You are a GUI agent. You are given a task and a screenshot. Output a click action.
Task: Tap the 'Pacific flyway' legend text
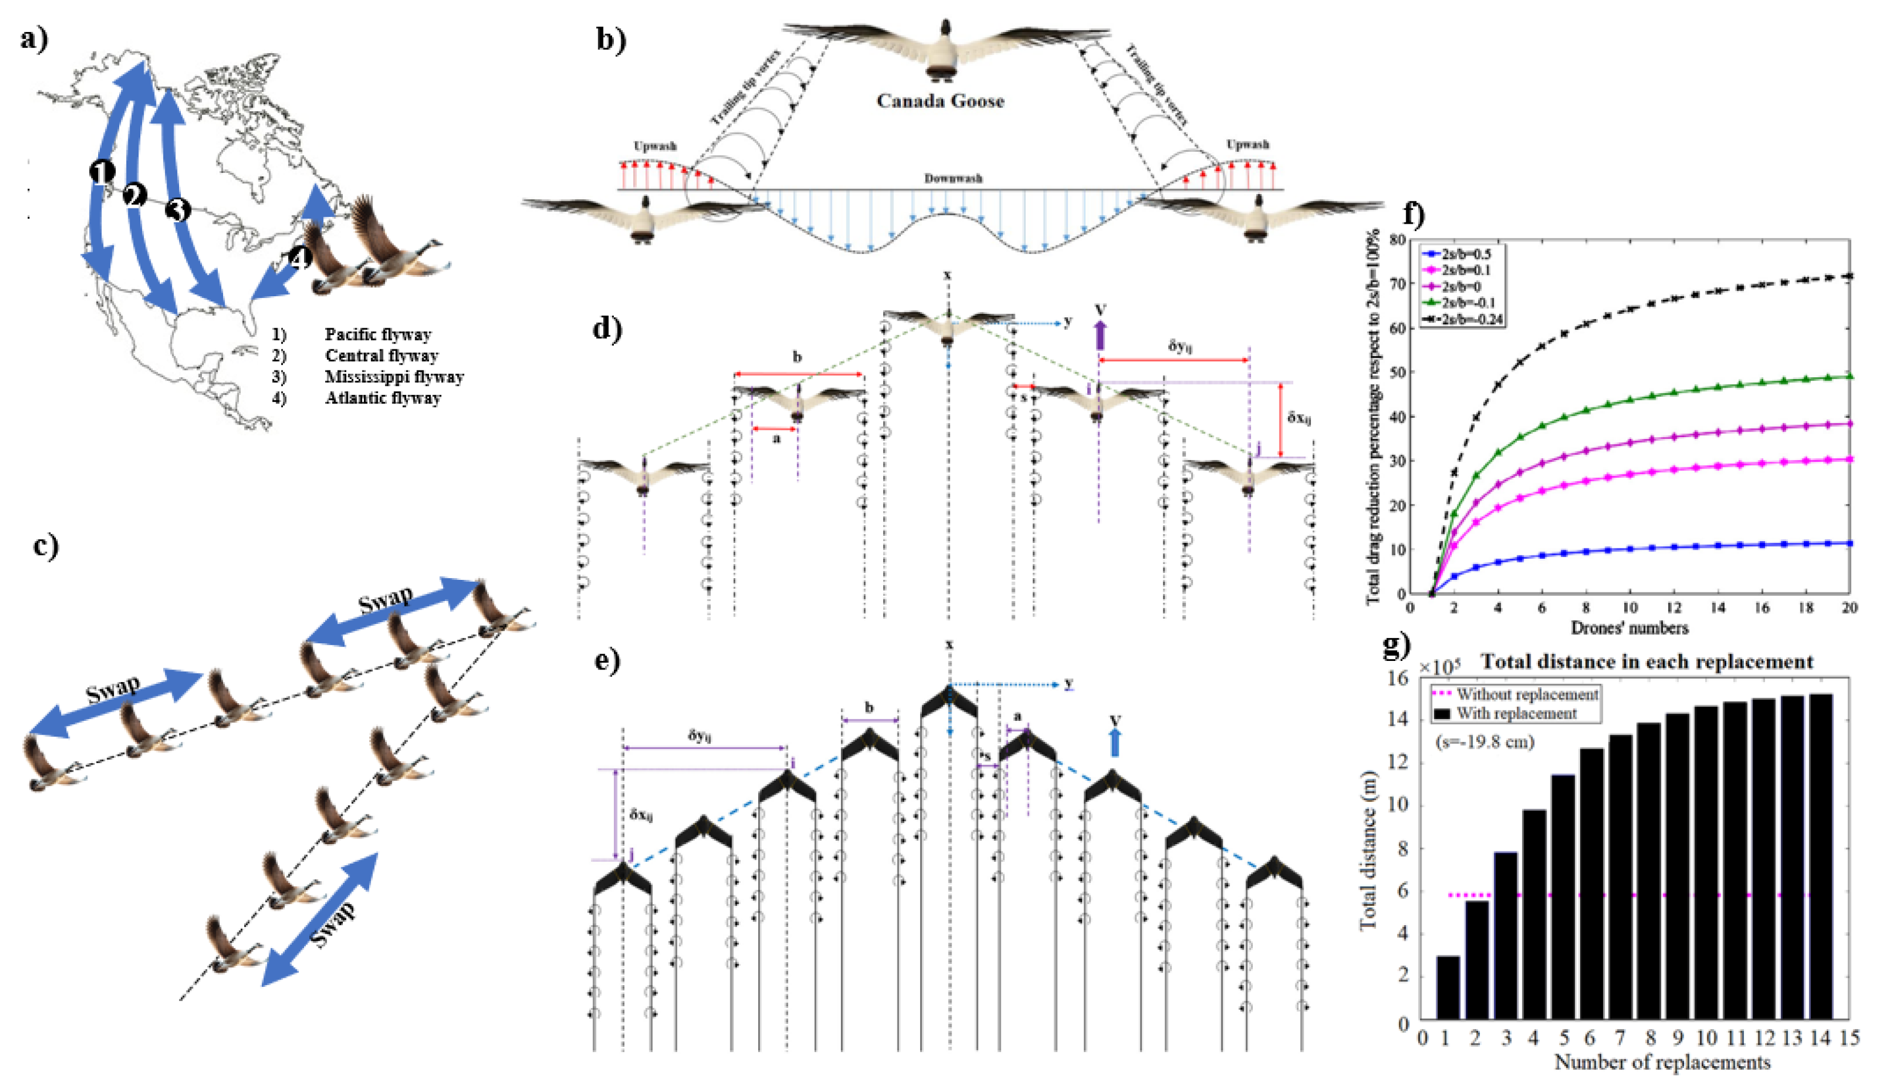378,334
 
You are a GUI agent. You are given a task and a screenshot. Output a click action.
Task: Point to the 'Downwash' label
953,179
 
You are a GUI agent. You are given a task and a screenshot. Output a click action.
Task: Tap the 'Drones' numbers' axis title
1629,628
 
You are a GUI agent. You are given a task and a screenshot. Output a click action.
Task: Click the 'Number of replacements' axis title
1662,1062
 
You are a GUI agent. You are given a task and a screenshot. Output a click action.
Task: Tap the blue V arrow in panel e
1115,743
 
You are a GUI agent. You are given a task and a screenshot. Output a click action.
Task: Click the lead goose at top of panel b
945,48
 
